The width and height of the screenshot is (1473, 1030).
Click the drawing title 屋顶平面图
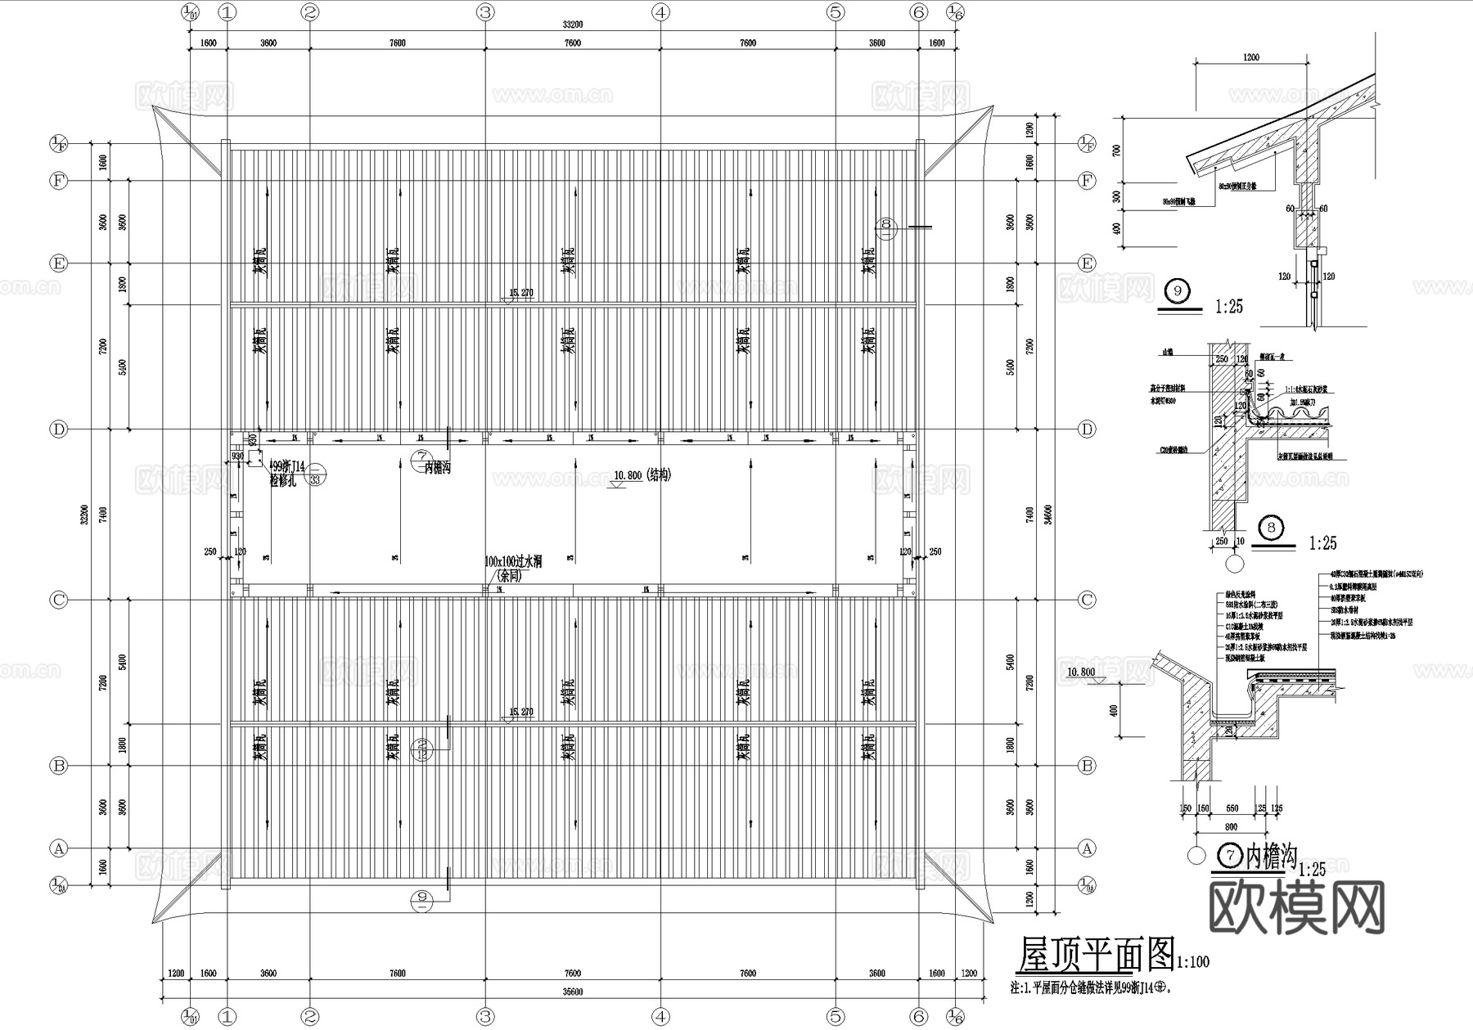(1094, 954)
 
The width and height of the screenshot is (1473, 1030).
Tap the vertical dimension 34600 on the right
(1047, 514)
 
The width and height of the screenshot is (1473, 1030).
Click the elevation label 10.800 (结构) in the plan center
(642, 475)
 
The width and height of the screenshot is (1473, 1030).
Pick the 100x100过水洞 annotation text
(513, 562)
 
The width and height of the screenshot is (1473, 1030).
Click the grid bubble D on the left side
(58, 430)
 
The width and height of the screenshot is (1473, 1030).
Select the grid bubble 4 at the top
(660, 12)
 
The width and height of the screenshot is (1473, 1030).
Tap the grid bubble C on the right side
(1087, 600)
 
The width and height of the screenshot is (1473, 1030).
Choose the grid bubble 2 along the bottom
(310, 1017)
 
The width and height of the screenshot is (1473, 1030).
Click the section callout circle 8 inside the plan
(886, 226)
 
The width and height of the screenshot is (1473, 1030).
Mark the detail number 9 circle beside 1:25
(1178, 290)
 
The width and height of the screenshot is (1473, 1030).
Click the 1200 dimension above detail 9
(1250, 58)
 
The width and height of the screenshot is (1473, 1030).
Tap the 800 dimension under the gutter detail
(1231, 827)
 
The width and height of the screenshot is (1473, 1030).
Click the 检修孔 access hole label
(286, 482)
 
